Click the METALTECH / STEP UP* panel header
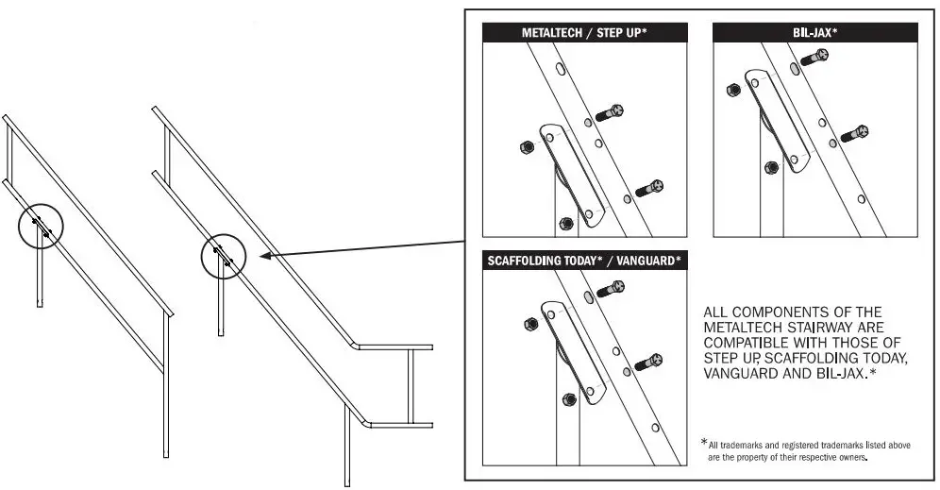coord(583,32)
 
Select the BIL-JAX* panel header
coord(814,32)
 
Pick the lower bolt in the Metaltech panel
coord(650,189)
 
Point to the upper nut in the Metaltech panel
coord(525,146)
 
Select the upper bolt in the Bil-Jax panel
coord(814,58)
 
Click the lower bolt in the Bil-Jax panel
coord(853,133)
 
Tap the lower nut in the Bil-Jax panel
coord(771,167)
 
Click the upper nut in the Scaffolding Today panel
coord(528,325)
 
